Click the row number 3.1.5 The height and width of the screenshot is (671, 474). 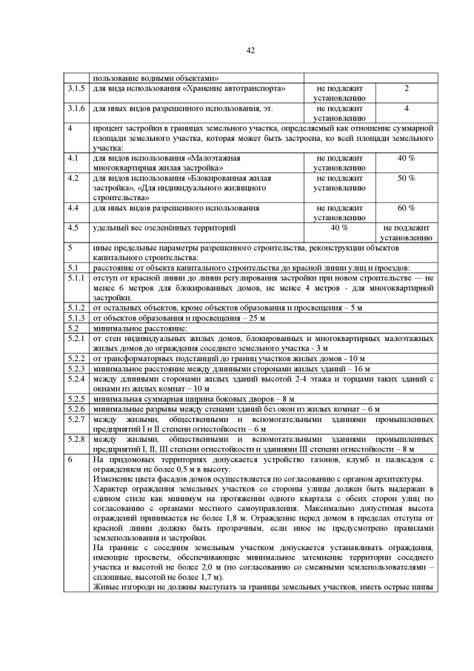click(76, 89)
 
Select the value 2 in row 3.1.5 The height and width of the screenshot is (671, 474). click(407, 89)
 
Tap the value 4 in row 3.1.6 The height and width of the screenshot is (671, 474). click(407, 109)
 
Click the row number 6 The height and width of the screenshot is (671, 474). click(70, 460)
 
